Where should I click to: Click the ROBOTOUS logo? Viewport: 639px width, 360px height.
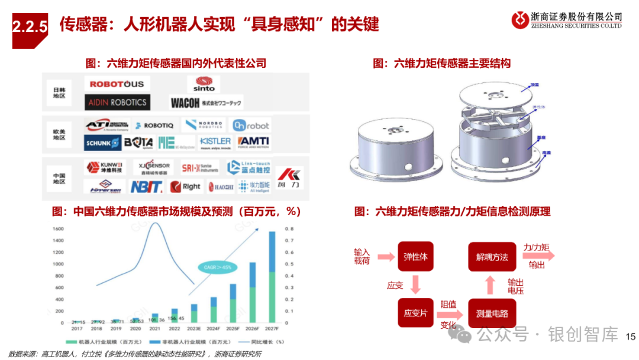coord(117,84)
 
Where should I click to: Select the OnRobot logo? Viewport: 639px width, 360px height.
coord(250,126)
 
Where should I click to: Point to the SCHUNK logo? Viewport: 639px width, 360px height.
coord(102,143)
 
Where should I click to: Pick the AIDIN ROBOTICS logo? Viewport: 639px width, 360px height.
coord(117,102)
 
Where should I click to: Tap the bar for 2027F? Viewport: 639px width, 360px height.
coord(272,277)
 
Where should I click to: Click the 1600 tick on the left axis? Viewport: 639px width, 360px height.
coord(58,229)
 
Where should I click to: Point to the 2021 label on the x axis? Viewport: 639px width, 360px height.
coord(155,328)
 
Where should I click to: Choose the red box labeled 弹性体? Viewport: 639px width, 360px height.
coord(415,257)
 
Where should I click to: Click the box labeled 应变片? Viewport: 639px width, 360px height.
coord(415,313)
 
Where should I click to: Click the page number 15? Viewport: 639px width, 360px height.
coord(630,336)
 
